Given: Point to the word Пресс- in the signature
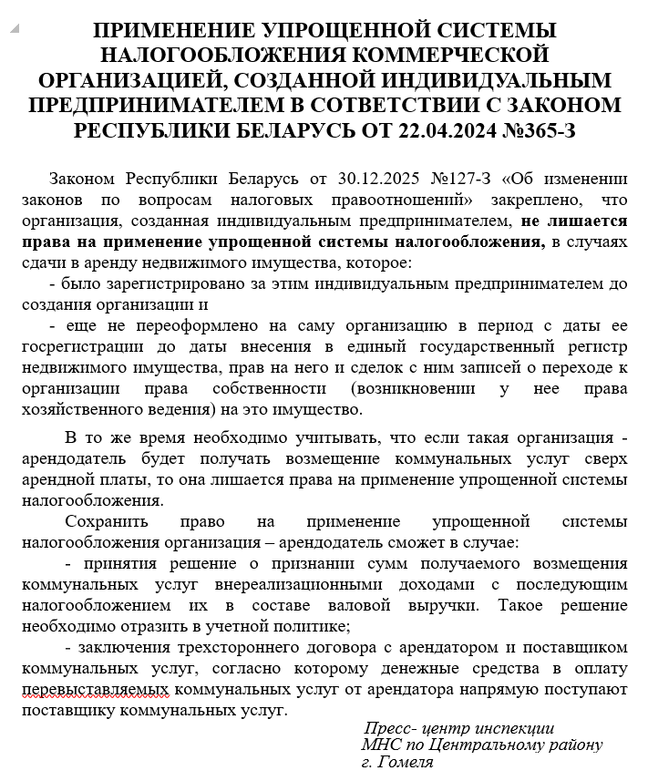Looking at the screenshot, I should [393, 729].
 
